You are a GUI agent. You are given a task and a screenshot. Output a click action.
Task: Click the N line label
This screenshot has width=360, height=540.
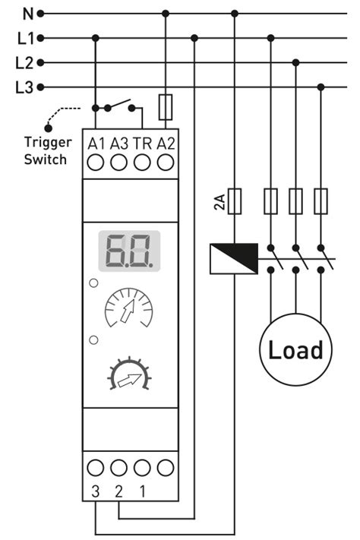pos(27,13)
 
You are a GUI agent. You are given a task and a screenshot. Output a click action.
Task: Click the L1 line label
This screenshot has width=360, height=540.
pos(25,37)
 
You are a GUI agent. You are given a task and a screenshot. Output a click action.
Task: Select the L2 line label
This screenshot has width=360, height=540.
pos(25,62)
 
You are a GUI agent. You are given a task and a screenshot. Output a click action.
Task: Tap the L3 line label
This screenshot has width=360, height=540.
pos(25,87)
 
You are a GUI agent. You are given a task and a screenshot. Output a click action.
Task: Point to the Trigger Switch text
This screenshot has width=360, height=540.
pos(47,150)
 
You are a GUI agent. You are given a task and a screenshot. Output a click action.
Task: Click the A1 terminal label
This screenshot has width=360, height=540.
pos(96,143)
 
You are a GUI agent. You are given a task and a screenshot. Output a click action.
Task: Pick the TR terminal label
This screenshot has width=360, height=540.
pos(142,143)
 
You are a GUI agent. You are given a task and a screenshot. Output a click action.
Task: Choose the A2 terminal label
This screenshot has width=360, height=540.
pos(166,143)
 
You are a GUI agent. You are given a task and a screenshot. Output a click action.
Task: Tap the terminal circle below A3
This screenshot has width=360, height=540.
pos(118,162)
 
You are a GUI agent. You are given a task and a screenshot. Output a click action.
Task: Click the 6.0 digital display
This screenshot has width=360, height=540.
pos(130,251)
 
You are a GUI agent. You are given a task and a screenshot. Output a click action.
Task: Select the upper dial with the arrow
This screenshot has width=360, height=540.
pos(130,308)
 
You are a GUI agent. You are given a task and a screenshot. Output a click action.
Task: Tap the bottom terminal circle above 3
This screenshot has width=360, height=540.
pos(96,468)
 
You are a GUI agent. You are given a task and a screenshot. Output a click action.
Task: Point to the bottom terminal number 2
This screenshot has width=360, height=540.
pos(118,491)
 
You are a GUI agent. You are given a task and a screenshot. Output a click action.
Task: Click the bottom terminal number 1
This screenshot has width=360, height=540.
pos(142,491)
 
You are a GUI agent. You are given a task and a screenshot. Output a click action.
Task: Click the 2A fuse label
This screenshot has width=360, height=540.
pos(220,202)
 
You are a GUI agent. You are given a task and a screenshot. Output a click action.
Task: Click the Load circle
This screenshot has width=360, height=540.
pos(295,350)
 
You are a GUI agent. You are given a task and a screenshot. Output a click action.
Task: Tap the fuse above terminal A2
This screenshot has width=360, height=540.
pos(166,108)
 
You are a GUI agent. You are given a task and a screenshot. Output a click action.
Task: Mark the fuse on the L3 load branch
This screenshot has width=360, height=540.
pos(321,201)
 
